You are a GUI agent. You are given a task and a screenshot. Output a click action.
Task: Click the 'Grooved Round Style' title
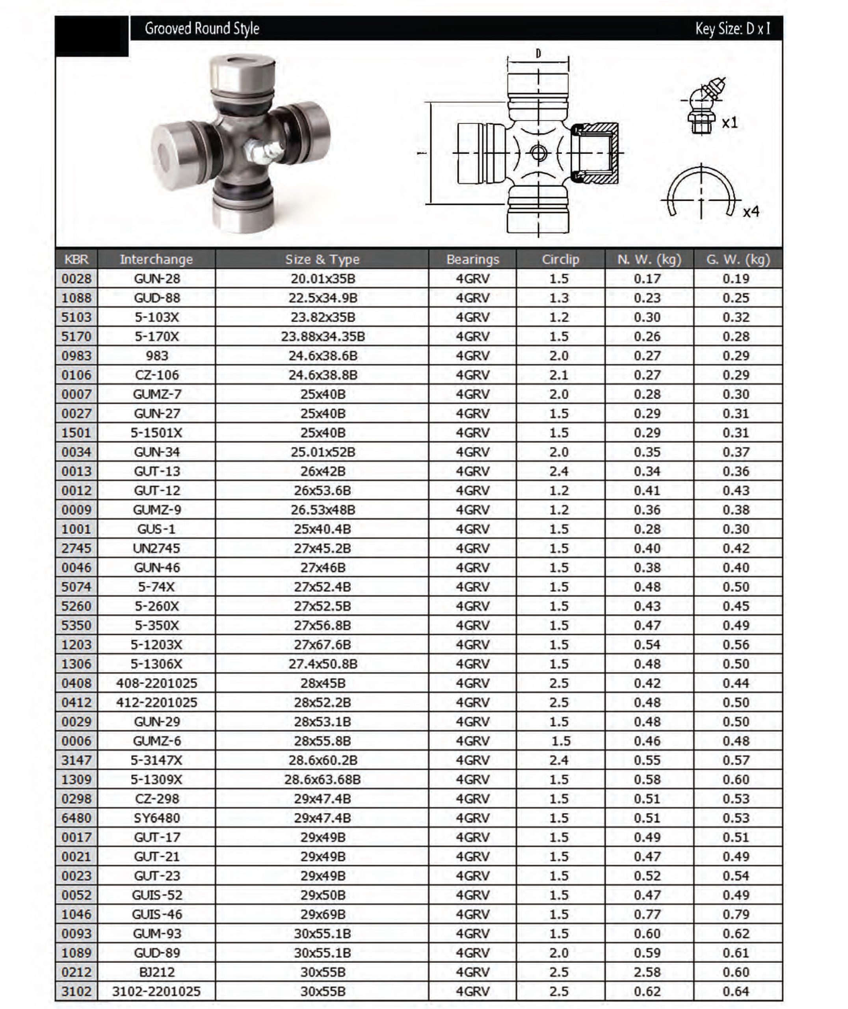point(202,29)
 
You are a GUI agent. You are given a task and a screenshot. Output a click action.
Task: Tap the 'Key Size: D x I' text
point(732,29)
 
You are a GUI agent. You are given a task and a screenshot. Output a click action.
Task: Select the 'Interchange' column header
point(156,260)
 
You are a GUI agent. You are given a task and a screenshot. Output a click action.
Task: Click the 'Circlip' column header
point(560,260)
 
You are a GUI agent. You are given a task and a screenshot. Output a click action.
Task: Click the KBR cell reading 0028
point(76,279)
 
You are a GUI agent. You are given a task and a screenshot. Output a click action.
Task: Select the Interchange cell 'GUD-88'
point(157,298)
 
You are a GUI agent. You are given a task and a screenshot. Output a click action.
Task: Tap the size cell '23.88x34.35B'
point(323,337)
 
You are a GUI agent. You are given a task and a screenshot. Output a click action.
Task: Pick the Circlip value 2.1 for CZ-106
point(559,375)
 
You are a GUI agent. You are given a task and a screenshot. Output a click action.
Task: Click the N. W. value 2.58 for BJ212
point(647,972)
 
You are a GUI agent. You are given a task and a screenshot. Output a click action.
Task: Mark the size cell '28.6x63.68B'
point(323,779)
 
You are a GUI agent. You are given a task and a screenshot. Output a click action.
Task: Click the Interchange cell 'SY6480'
point(157,818)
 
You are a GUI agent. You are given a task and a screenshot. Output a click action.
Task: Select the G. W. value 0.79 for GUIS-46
point(736,914)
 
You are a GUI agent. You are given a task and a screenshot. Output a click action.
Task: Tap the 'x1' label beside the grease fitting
point(730,123)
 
